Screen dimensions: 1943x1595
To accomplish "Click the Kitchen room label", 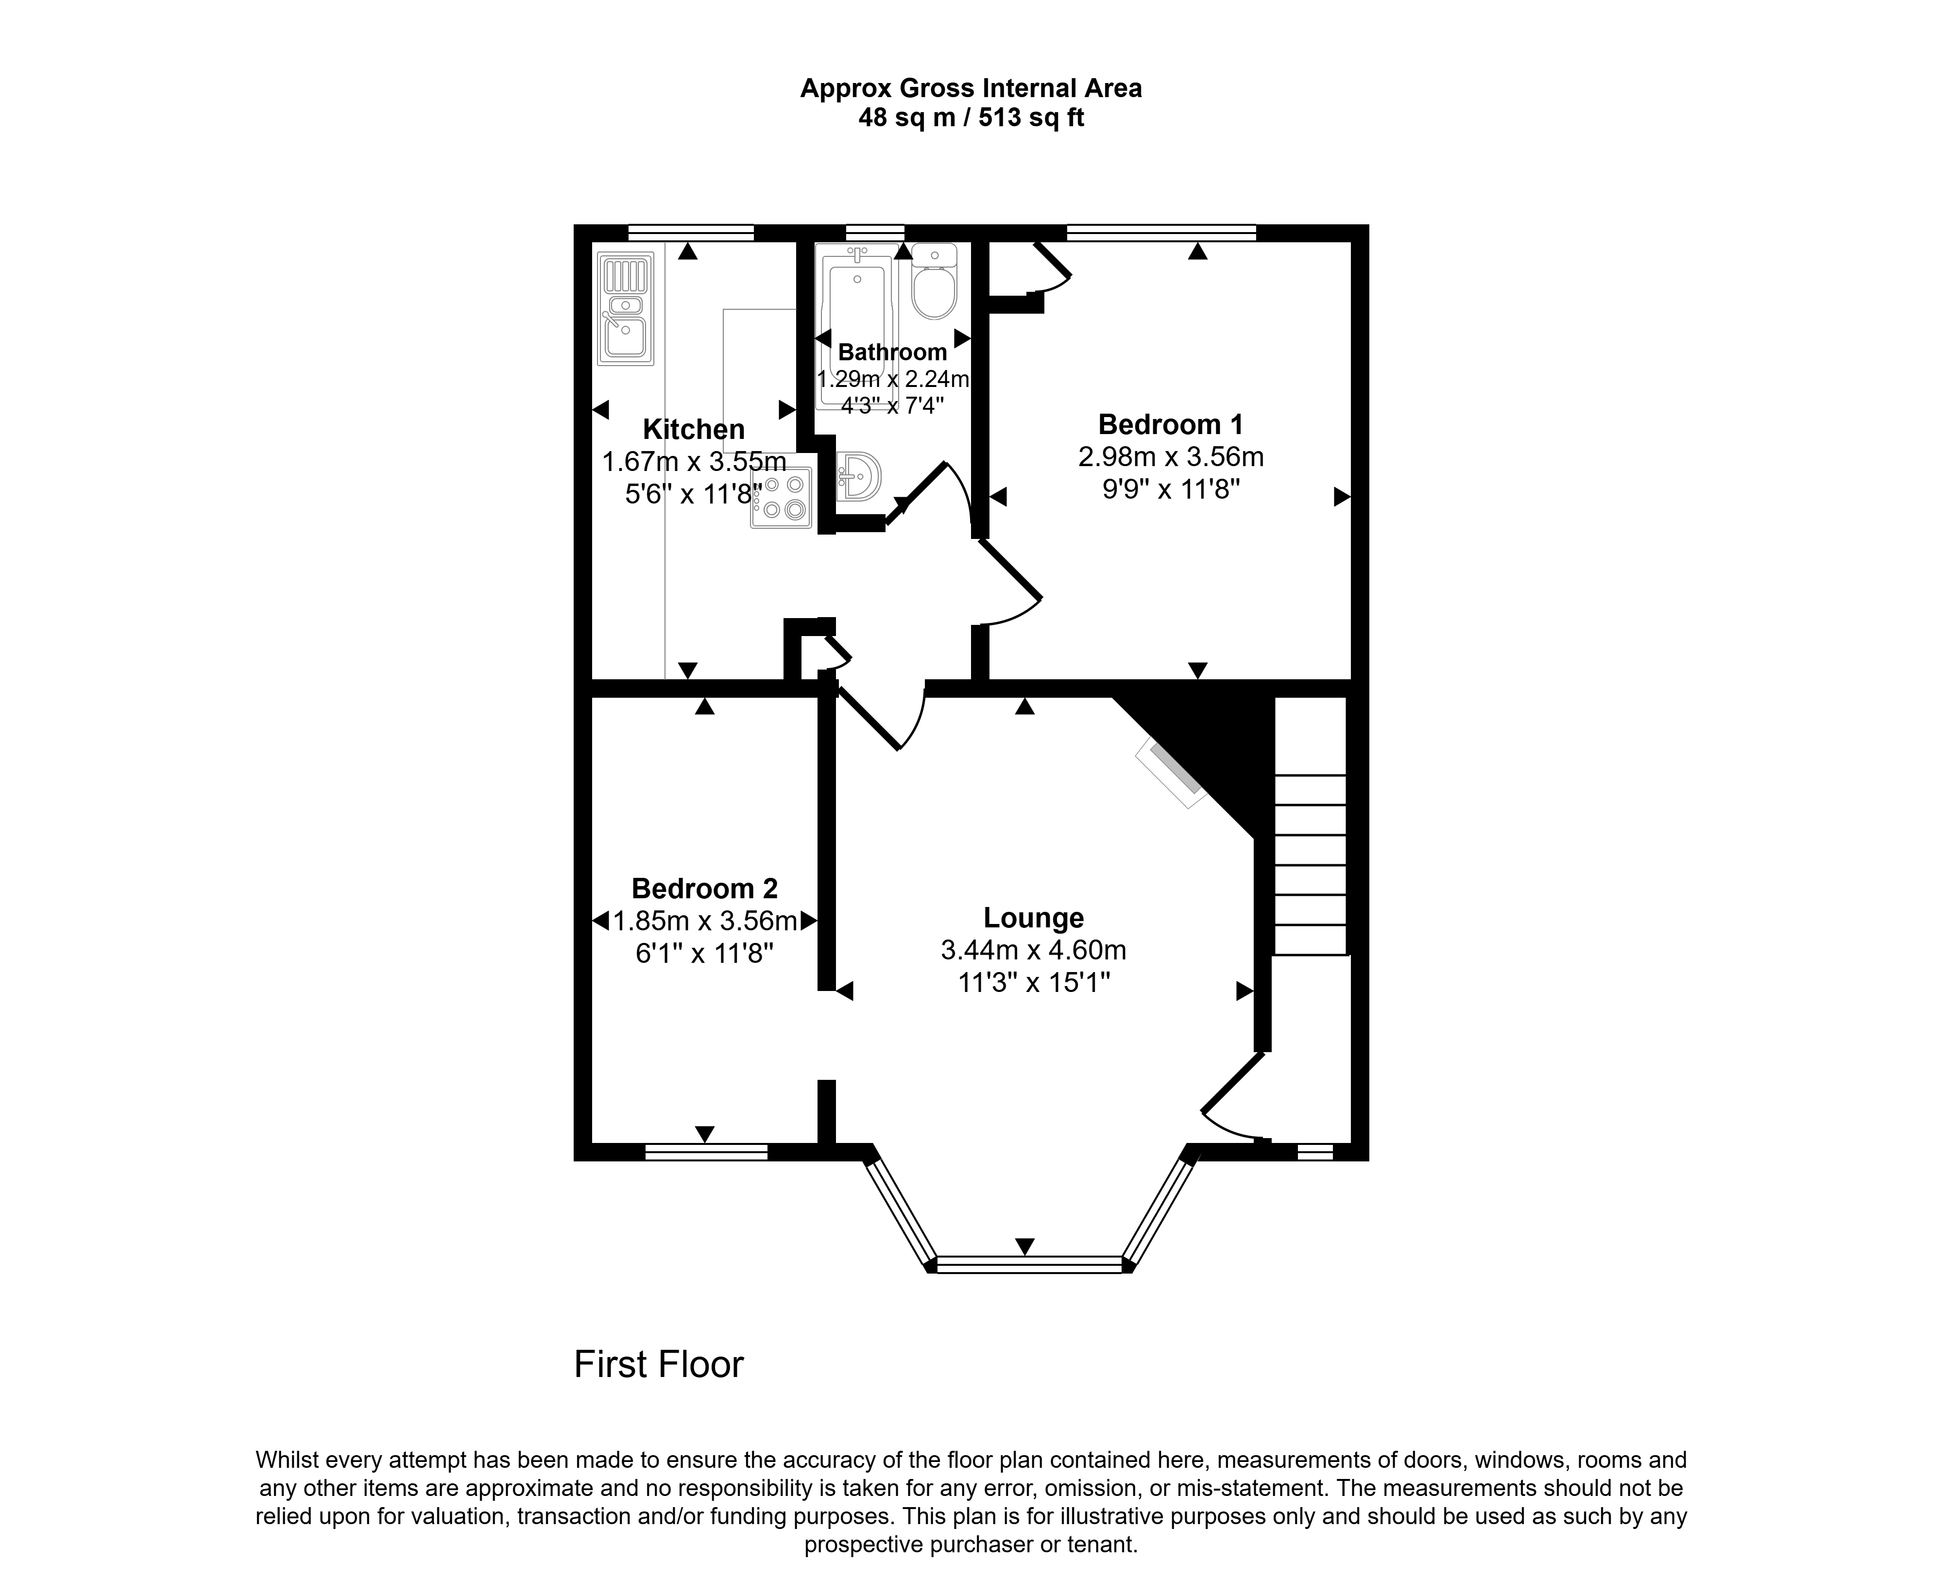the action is (x=694, y=429).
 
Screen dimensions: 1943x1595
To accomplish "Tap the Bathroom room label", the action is (x=892, y=352).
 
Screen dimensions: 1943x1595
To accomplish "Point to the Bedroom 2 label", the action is (x=705, y=889).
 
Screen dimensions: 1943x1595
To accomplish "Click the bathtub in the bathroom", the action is (x=856, y=326).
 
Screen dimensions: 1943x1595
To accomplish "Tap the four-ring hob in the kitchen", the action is (x=781, y=497).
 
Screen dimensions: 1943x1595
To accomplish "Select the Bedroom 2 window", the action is (x=706, y=1152).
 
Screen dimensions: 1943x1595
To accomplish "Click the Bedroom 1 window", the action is (x=1162, y=233).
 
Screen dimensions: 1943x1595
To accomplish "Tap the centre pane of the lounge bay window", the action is (x=1029, y=1264).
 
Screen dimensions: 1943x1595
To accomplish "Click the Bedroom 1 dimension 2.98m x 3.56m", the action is (x=1171, y=456).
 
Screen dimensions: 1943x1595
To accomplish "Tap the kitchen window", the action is (x=691, y=233).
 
